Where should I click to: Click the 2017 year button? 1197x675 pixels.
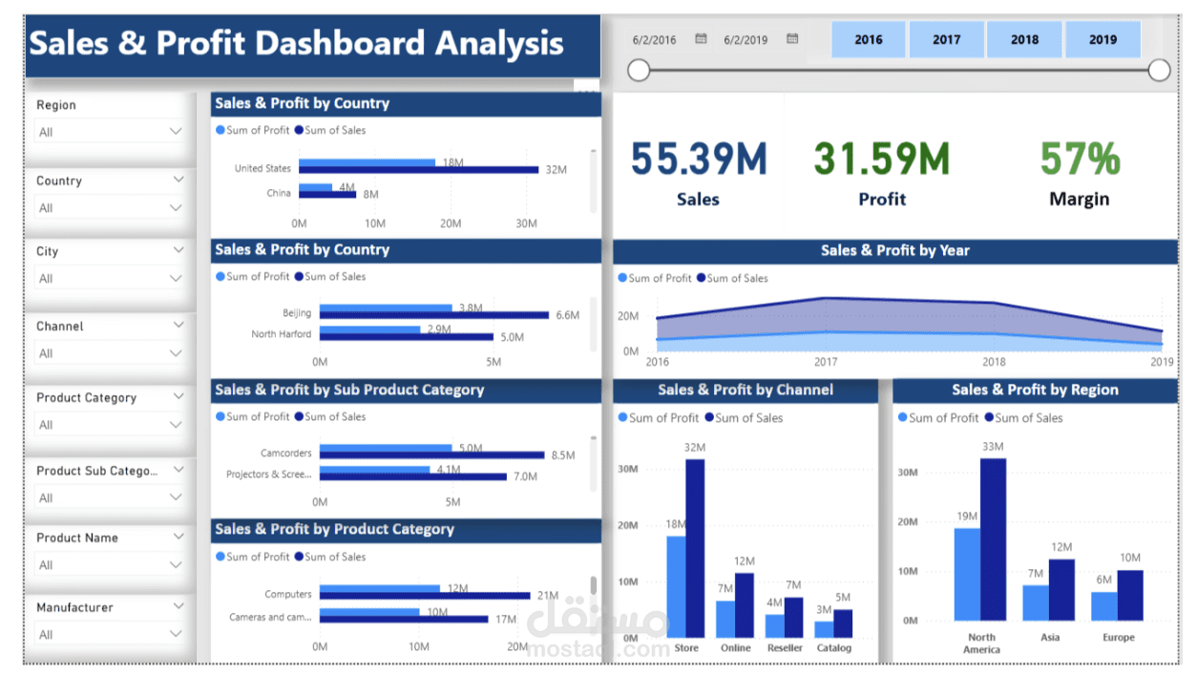pyautogui.click(x=946, y=40)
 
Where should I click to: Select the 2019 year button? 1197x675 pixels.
pyautogui.click(x=1102, y=40)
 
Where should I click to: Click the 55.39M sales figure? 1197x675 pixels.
pyautogui.click(x=698, y=158)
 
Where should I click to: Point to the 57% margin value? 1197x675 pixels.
pyautogui.click(x=1080, y=158)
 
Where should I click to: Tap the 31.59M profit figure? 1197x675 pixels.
pyautogui.click(x=881, y=158)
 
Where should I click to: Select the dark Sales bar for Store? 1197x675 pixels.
pyautogui.click(x=695, y=548)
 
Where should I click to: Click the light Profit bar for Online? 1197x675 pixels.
pyautogui.click(x=725, y=619)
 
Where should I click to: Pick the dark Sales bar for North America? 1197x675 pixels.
pyautogui.click(x=993, y=539)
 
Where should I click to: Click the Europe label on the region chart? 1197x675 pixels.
pyautogui.click(x=1118, y=638)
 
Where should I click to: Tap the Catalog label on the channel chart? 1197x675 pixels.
pyautogui.click(x=833, y=648)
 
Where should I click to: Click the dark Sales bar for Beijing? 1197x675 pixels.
pyautogui.click(x=433, y=314)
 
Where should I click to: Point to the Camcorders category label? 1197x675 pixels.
pyautogui.click(x=285, y=454)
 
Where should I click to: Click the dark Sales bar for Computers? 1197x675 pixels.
pyautogui.click(x=424, y=596)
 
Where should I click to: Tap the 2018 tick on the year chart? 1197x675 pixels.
pyautogui.click(x=994, y=363)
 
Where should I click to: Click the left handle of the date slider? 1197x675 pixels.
pyautogui.click(x=639, y=70)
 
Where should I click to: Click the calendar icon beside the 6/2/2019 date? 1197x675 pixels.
pyautogui.click(x=792, y=39)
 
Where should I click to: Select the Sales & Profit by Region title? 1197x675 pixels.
pyautogui.click(x=1035, y=390)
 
